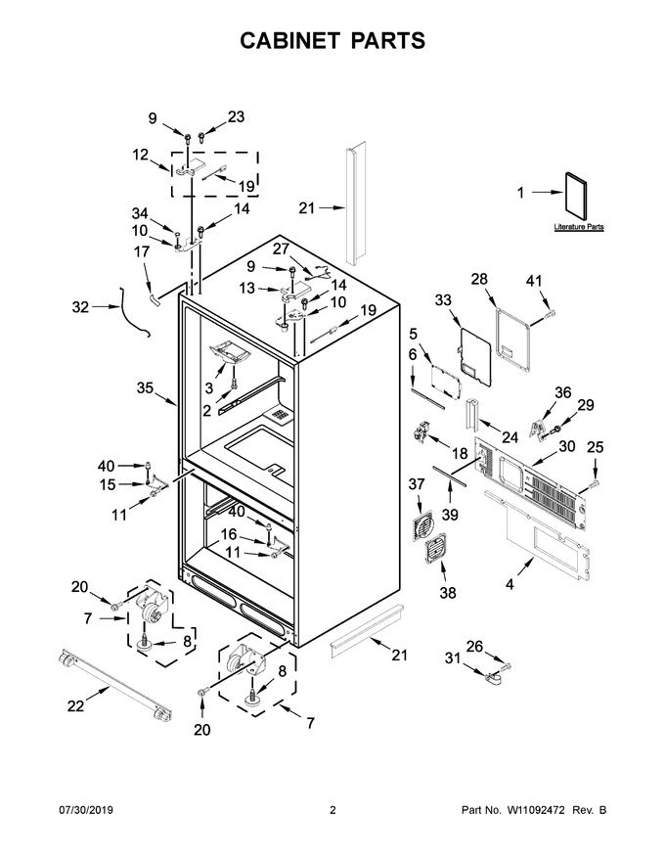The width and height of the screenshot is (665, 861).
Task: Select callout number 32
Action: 80,306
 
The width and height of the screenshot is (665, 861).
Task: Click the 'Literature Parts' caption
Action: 579,227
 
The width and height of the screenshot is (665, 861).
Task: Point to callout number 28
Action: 479,279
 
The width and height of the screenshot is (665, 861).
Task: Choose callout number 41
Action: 533,281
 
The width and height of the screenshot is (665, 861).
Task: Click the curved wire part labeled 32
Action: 133,310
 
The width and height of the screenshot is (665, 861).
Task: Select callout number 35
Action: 145,387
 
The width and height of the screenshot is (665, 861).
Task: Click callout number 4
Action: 510,585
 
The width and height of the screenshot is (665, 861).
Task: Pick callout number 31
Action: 452,657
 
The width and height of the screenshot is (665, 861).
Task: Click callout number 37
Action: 417,483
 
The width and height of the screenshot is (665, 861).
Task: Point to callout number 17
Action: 142,251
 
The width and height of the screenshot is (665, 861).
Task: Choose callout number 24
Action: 510,437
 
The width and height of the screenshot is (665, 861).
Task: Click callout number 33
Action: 443,299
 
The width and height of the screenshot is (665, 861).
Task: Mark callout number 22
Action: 75,706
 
